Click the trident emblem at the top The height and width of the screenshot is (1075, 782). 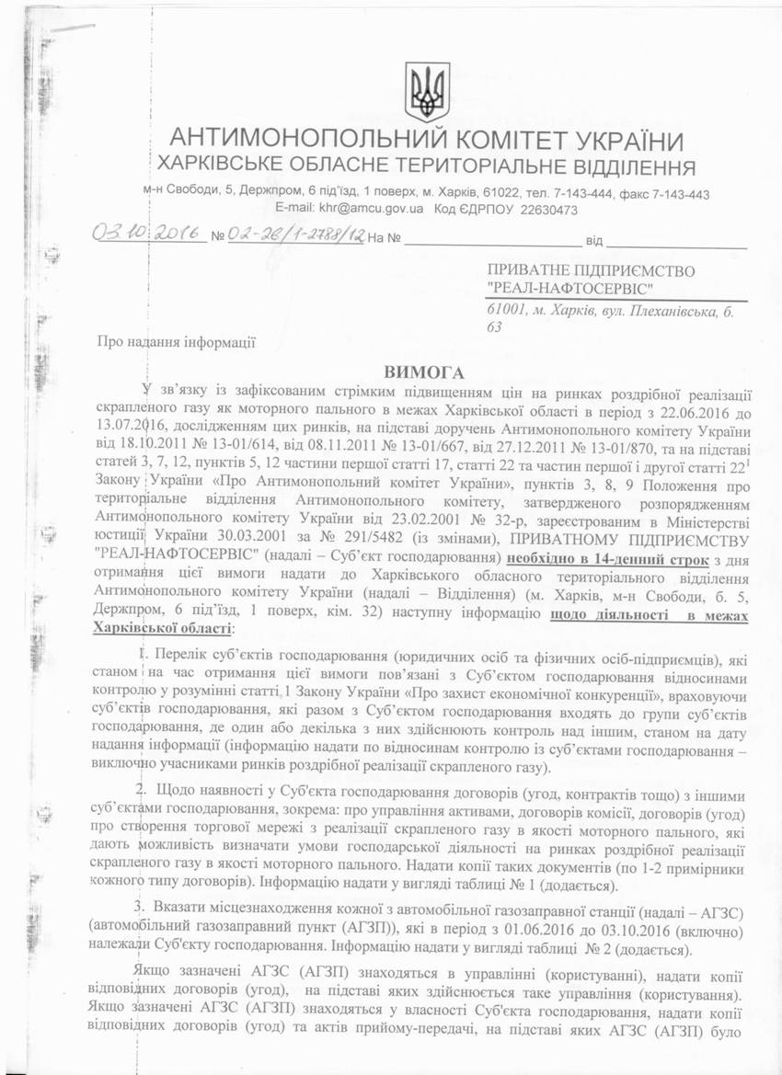(x=427, y=91)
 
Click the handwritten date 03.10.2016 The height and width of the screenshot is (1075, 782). (x=147, y=234)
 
